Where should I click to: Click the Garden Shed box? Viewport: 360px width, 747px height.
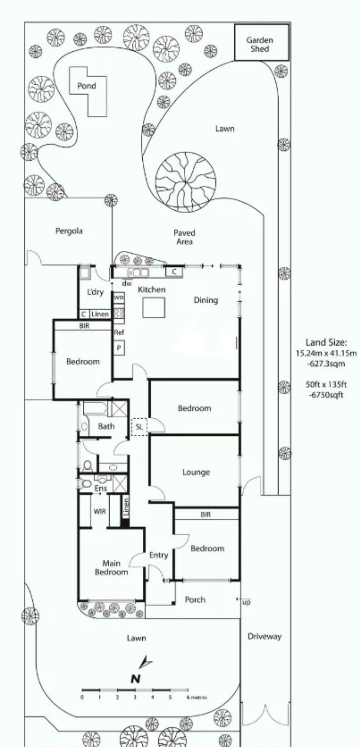[261, 42]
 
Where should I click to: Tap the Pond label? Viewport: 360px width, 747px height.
[87, 86]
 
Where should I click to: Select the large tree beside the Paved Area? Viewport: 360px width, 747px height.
[186, 182]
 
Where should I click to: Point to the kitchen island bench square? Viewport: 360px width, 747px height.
[154, 308]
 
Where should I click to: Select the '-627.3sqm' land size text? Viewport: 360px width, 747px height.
[326, 363]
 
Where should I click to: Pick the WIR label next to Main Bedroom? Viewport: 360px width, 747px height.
[100, 511]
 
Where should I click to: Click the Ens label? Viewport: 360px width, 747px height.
[100, 489]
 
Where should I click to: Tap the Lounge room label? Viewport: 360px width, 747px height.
[196, 472]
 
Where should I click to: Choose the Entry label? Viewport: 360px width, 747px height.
[158, 555]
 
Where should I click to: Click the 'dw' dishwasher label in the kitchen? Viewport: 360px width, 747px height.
[127, 284]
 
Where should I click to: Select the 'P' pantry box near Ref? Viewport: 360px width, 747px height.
[119, 347]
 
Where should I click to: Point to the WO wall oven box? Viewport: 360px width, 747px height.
[119, 297]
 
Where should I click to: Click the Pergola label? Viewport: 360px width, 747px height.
[69, 231]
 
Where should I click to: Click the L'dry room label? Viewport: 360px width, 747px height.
[95, 292]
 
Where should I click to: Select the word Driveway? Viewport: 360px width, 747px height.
[264, 636]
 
